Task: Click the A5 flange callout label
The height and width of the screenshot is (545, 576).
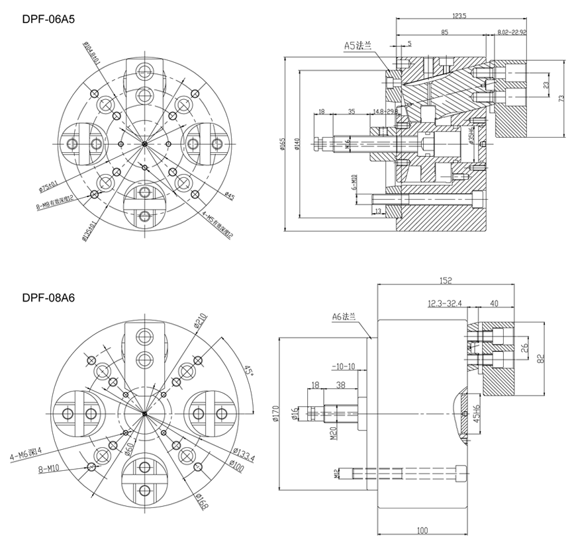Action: (x=358, y=46)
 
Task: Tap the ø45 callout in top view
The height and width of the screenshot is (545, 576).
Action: (x=230, y=195)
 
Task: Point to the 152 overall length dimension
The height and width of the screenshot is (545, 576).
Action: (x=445, y=281)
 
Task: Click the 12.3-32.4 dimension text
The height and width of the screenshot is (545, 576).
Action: (x=445, y=304)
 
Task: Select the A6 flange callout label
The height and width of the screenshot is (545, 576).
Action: (x=345, y=317)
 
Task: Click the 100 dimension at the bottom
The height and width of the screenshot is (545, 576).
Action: (x=423, y=530)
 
